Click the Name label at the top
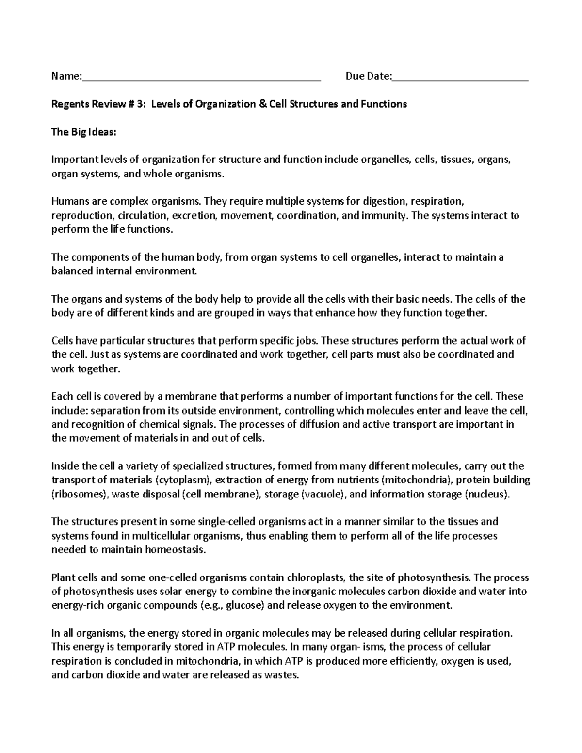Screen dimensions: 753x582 (x=65, y=76)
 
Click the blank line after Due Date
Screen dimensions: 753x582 (x=460, y=78)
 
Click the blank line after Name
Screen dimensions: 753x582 (x=201, y=78)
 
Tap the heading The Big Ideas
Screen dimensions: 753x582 (x=84, y=132)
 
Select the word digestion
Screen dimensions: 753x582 (x=388, y=201)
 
